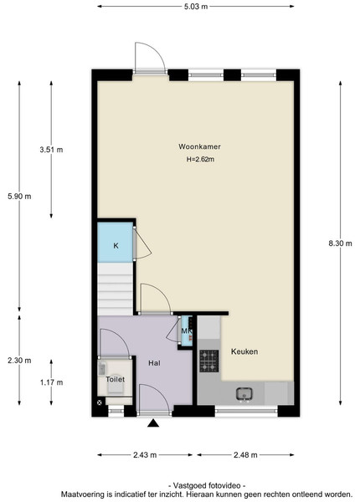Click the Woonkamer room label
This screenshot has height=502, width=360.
(x=199, y=146)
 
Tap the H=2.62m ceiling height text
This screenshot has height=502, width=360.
(x=200, y=159)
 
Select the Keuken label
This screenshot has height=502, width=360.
(x=244, y=351)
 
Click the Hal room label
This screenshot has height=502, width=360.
(x=154, y=363)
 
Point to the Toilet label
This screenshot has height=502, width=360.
(x=115, y=379)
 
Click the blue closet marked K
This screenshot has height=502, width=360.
(x=115, y=243)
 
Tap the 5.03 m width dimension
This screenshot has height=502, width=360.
(x=196, y=7)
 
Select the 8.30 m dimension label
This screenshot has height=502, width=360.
(x=340, y=243)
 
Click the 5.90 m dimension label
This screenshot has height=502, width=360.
(x=19, y=197)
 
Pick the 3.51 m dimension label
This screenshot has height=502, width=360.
(x=51, y=150)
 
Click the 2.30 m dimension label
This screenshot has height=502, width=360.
(x=19, y=361)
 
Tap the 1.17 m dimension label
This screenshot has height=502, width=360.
(x=51, y=382)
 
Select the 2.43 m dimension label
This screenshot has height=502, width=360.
(x=145, y=455)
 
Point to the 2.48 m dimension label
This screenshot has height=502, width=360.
(x=245, y=455)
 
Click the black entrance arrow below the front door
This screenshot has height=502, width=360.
(x=153, y=423)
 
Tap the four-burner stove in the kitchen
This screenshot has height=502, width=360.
(x=209, y=361)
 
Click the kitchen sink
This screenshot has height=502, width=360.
(x=245, y=394)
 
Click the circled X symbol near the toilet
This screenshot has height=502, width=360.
(x=100, y=402)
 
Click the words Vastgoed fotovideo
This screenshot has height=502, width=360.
(x=207, y=485)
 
